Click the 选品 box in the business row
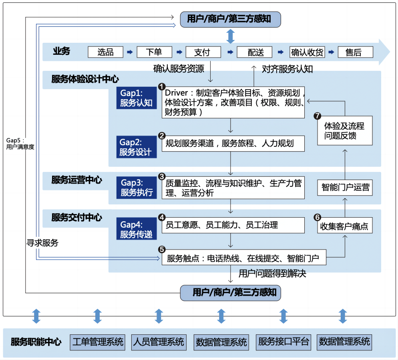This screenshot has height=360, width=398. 106,52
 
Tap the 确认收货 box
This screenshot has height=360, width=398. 307,52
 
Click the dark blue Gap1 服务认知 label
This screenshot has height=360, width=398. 136,98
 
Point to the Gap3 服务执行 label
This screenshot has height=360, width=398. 136,187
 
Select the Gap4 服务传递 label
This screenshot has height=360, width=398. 136,229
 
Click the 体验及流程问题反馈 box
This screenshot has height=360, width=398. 344,131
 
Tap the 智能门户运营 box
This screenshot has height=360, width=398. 346,187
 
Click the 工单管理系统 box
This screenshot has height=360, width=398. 98,342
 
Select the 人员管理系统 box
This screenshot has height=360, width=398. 159,342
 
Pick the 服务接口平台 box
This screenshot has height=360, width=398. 284,342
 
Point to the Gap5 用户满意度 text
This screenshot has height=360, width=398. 20,144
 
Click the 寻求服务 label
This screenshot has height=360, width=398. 42,243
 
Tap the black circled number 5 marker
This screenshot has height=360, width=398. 162,249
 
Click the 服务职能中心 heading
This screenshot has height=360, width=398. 36,342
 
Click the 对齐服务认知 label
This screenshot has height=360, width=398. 287,69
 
